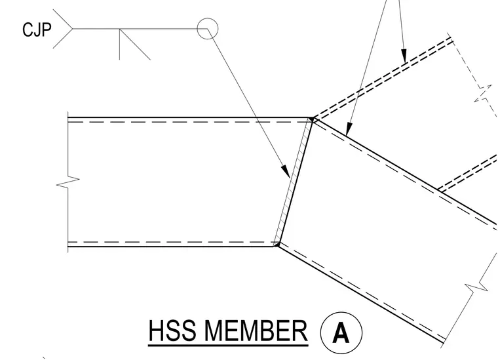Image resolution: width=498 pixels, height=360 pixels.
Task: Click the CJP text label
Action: coord(37,30)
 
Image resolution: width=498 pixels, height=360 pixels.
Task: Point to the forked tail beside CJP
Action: coord(63,29)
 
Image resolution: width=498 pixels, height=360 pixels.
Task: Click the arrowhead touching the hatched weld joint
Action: coord(286,171)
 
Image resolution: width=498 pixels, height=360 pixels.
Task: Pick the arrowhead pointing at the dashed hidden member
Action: coord(404,56)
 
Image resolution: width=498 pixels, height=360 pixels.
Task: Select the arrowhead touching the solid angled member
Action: coord(349,129)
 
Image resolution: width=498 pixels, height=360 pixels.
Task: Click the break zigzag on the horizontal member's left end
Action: coord(68,182)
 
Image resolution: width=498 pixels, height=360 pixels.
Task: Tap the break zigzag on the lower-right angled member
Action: coord(476,286)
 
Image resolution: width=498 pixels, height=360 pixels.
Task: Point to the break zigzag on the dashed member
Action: coord(483,94)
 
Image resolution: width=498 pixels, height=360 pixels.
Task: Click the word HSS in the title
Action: coord(172,330)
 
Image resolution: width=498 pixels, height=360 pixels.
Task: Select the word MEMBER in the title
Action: coord(256,330)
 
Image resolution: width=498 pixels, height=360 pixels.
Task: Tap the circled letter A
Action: coord(341,333)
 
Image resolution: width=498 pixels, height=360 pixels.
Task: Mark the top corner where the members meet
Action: coord(313,119)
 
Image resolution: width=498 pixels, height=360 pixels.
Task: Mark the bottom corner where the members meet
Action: coord(277,245)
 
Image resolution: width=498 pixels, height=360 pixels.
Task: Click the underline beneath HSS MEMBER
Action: coord(228,344)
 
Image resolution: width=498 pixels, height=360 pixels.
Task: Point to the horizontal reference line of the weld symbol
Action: coord(140,29)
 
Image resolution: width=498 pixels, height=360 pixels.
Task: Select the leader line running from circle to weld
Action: coord(248,103)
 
